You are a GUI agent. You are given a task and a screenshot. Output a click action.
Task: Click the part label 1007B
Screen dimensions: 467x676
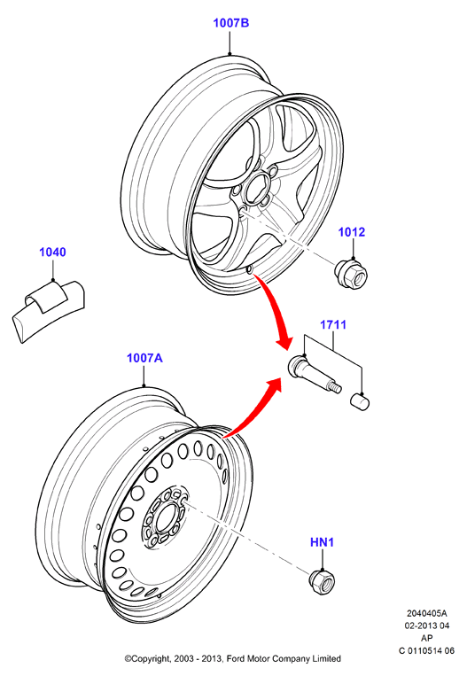[231, 22]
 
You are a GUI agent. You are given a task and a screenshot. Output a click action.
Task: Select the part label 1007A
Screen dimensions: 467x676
[144, 358]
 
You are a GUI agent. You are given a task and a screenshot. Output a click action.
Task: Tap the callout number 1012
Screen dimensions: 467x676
[352, 232]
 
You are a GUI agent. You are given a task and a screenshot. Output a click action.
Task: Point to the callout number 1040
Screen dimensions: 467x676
[52, 252]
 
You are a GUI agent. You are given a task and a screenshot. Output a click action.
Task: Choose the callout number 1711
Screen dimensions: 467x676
[333, 324]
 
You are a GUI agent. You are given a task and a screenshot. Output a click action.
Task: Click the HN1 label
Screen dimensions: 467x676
[322, 542]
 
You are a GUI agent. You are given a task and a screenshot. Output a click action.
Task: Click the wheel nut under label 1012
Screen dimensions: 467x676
[350, 274]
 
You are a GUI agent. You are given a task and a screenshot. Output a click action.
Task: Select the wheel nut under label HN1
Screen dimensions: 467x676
[322, 582]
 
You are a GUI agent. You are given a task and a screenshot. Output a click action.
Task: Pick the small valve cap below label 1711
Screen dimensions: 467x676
[359, 402]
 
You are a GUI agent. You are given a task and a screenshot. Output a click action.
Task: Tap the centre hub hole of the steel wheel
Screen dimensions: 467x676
[165, 517]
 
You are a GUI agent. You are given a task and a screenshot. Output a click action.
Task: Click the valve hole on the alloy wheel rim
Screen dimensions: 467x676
[249, 270]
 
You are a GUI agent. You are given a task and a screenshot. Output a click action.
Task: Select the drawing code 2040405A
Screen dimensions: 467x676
[426, 613]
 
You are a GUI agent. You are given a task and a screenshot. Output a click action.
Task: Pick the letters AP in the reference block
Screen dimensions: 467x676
[426, 638]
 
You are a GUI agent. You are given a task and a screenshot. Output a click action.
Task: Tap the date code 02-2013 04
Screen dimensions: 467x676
[426, 625]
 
